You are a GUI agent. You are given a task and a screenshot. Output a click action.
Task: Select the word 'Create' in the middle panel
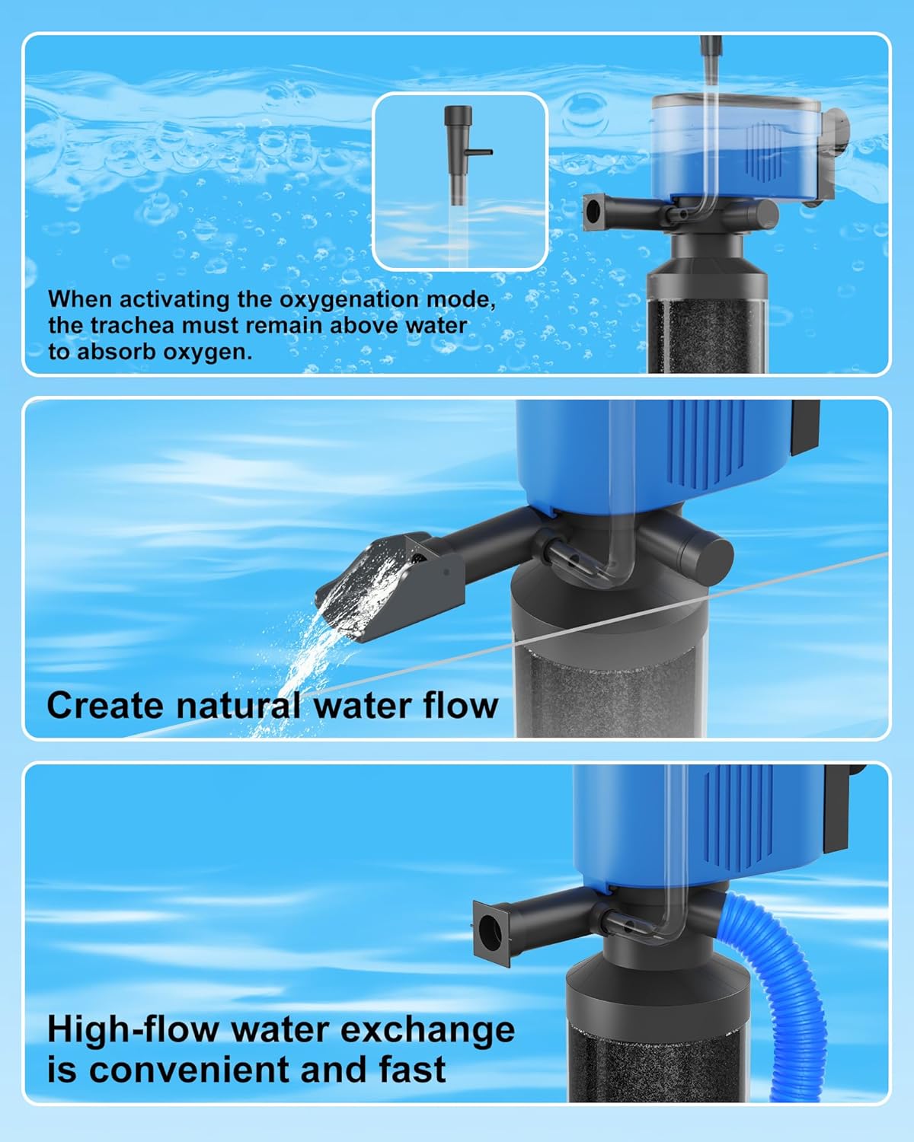(x=105, y=706)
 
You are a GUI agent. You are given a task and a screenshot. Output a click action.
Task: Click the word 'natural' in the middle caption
(x=238, y=706)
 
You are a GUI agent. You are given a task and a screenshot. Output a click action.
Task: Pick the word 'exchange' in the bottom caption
(x=427, y=1030)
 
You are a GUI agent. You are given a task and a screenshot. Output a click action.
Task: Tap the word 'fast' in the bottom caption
(x=413, y=1069)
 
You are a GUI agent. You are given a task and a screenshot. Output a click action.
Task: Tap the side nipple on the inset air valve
(x=479, y=152)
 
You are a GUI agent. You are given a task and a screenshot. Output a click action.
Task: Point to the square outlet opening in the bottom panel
(x=491, y=933)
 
